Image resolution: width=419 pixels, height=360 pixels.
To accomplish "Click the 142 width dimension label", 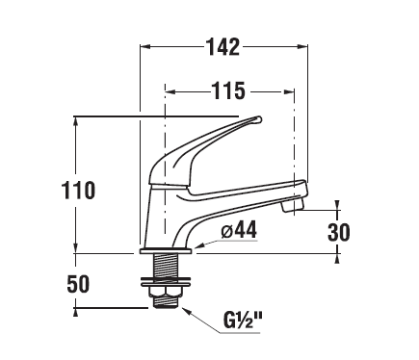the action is pos(223,47).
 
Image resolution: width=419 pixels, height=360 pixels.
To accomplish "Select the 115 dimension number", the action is pos(228,90).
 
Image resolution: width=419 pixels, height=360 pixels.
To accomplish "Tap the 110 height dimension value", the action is pos(78,191).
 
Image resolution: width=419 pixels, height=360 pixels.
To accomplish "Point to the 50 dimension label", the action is pos(78,284).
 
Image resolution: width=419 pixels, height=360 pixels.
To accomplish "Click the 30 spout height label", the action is pos(338,232).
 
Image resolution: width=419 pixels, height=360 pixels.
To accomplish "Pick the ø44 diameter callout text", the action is pos(239,230).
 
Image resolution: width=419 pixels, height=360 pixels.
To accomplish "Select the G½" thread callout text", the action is pos(243,321).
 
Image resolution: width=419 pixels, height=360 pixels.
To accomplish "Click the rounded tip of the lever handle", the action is pos(258,120).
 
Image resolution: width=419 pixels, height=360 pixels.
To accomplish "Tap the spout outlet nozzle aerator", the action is pos(292,205).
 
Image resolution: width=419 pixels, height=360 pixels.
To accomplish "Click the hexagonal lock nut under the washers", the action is pos(165,292).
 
